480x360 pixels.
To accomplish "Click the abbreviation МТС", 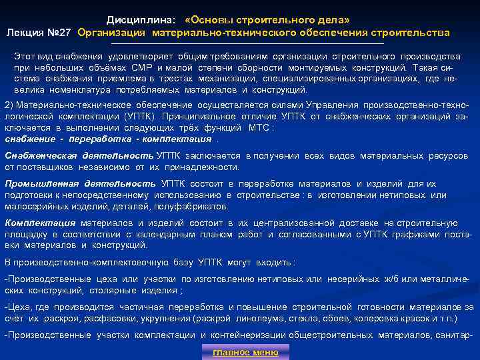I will coord(257,127).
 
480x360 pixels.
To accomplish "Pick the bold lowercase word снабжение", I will coord(29,139).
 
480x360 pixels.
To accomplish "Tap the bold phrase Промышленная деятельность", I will coord(80,183).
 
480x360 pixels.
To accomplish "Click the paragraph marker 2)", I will coord(9,105).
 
